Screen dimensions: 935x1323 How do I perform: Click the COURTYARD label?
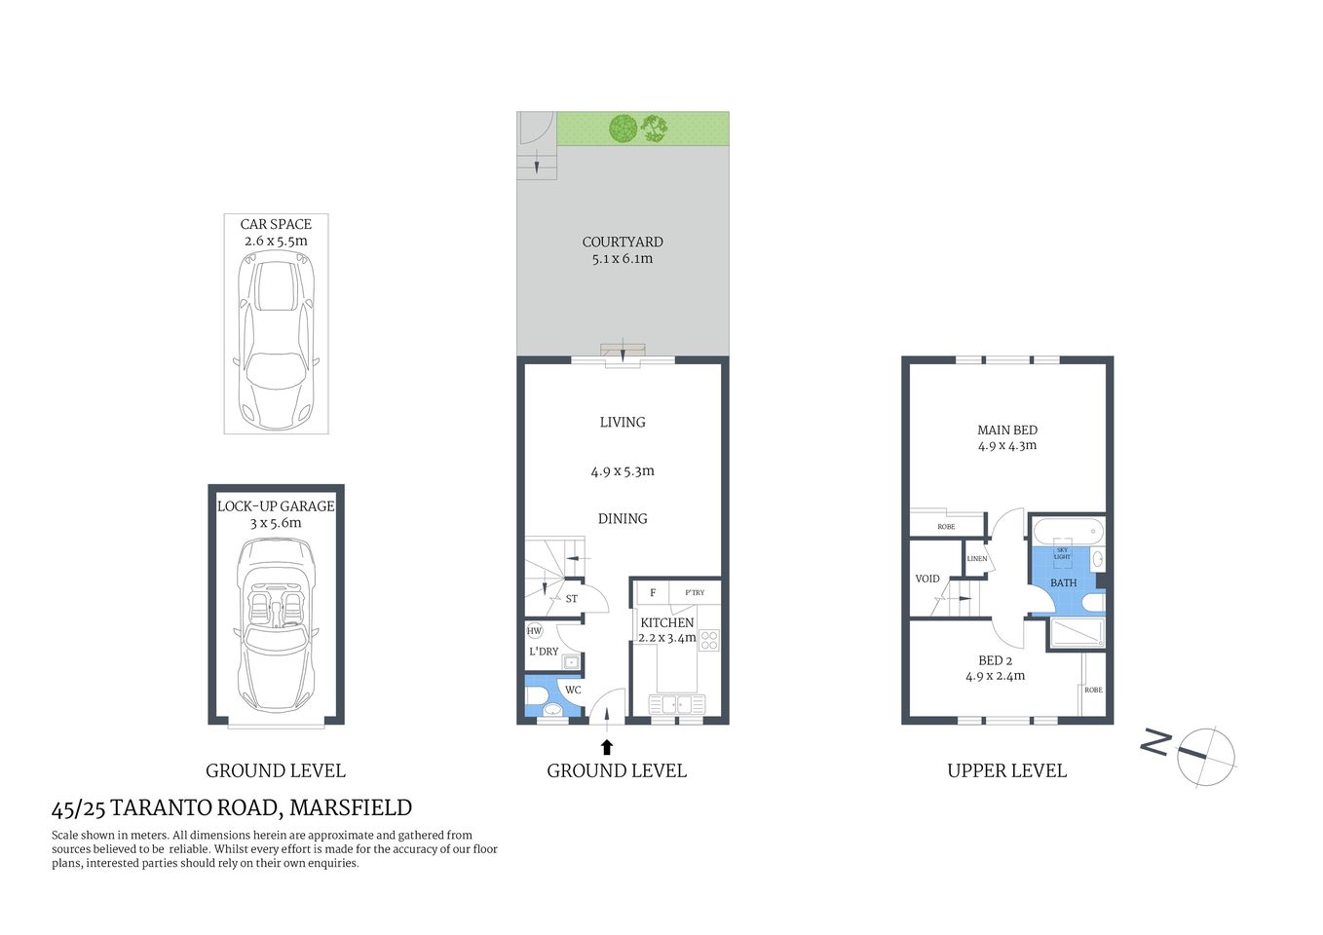coord(623,242)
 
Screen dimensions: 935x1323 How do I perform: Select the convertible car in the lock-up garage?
coord(277,623)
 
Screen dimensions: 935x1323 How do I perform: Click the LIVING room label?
coord(623,422)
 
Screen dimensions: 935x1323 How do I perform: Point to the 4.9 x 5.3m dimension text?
coord(623,471)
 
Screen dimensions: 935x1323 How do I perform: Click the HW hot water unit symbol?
coord(534,631)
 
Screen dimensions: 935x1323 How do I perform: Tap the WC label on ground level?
coord(573,691)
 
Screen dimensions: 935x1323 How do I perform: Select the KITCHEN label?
coord(667,622)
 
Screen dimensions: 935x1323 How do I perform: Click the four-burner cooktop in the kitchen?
coord(709,640)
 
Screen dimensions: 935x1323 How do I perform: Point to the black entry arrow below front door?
coord(607,747)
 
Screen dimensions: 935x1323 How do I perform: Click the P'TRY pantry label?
coord(695,592)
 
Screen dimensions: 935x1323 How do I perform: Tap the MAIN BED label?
coord(1007,430)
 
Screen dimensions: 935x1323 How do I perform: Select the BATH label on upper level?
coord(1063,583)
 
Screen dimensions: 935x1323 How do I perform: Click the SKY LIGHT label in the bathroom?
coord(1062,553)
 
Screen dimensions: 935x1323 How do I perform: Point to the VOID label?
coord(927,579)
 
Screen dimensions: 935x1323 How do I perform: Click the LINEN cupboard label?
coord(977,559)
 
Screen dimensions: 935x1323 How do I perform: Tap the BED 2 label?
coord(996,660)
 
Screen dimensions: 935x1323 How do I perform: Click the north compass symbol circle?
coord(1206,756)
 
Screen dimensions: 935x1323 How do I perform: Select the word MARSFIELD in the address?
coord(351,808)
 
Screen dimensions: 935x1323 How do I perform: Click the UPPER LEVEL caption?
coord(1006,771)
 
